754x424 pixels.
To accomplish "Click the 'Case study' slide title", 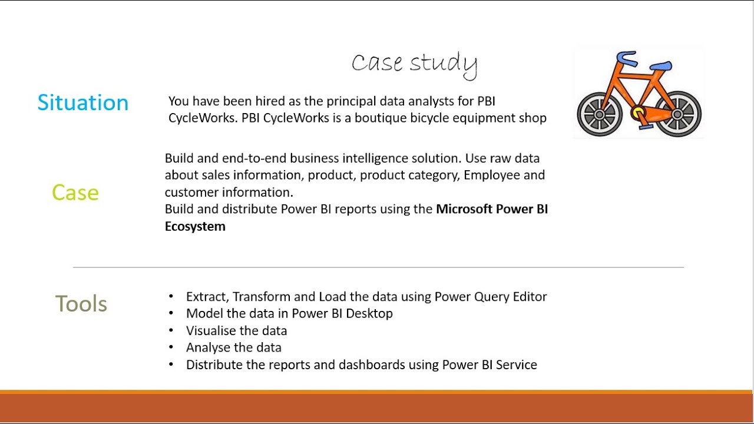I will coord(414,63).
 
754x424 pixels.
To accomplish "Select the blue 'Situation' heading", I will coord(82,102).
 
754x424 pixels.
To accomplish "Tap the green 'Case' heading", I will coord(75,193).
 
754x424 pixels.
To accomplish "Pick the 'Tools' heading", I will coord(81,304).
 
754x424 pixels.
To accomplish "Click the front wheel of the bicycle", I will coord(599,114).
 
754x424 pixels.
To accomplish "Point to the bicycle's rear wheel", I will coord(677,114).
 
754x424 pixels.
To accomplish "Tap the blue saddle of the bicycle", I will coord(661,66).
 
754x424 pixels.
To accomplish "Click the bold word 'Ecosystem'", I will coord(195,227).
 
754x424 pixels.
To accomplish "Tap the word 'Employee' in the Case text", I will coord(492,175).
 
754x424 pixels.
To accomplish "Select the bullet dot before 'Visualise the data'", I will coord(171,331).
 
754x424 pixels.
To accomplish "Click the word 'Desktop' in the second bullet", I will coord(369,313).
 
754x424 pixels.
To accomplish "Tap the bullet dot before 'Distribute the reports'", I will coord(171,365).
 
